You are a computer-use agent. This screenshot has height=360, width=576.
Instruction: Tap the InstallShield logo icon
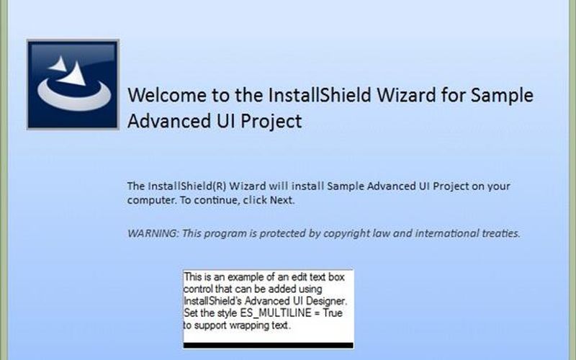point(73,84)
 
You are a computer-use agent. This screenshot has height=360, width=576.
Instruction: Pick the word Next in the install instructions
point(282,200)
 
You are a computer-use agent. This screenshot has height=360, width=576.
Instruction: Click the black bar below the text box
point(268,346)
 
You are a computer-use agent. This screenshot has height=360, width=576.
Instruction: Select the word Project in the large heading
point(270,121)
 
